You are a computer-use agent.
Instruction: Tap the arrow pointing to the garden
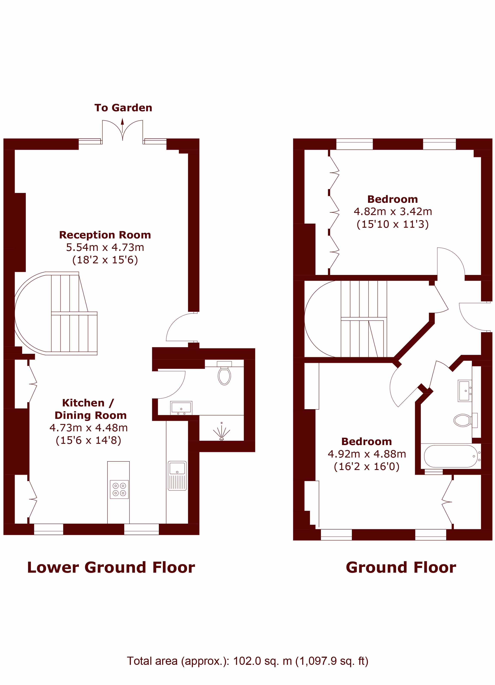(122, 126)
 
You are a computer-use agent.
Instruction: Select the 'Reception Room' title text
(105, 235)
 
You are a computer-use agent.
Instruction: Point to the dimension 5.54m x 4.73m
(105, 247)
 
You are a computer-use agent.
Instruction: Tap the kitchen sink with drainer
(177, 476)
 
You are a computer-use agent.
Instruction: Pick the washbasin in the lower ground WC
(181, 408)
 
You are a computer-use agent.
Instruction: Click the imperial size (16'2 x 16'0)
(366, 466)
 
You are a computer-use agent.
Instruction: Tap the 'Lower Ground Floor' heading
(111, 567)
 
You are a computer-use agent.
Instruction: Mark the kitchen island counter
(118, 492)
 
